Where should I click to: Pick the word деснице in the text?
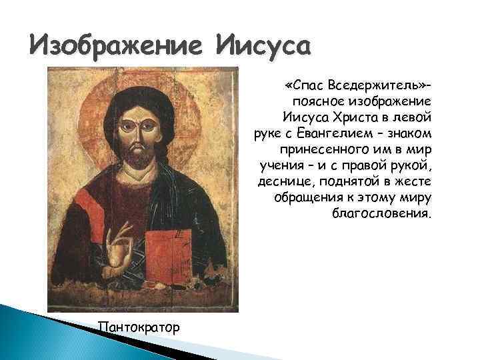pos(284,182)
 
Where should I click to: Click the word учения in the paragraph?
pos(281,165)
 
